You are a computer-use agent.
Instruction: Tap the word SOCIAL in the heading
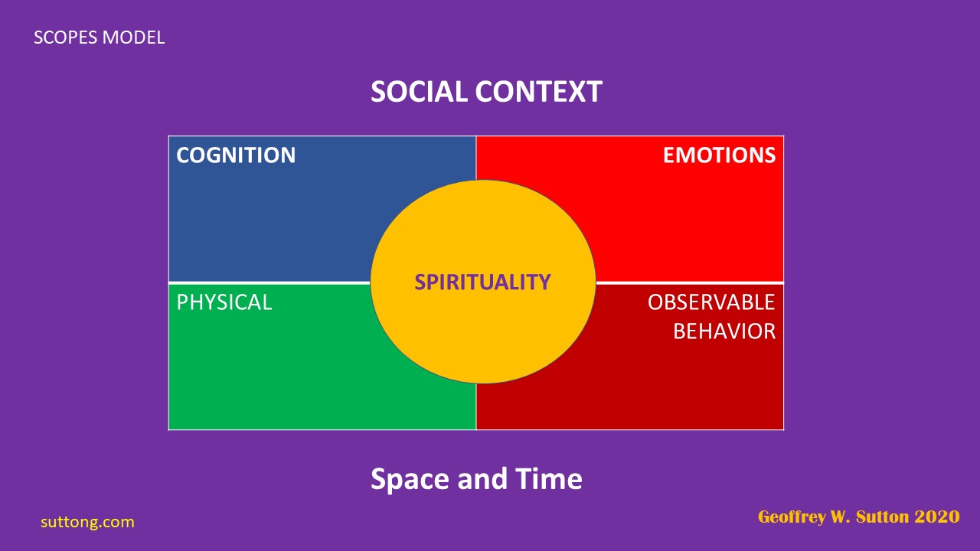[419, 92]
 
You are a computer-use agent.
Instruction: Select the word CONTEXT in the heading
[538, 92]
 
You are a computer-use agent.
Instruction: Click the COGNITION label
[236, 155]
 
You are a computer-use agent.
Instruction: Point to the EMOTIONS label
[719, 155]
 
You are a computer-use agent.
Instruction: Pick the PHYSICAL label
[224, 302]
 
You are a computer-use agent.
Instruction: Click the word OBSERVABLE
[711, 302]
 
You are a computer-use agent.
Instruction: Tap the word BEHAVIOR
[724, 331]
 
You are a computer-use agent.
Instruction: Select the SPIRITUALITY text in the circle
[482, 282]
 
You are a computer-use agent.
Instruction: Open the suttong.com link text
[87, 522]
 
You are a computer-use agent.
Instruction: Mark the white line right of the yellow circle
[689, 282]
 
